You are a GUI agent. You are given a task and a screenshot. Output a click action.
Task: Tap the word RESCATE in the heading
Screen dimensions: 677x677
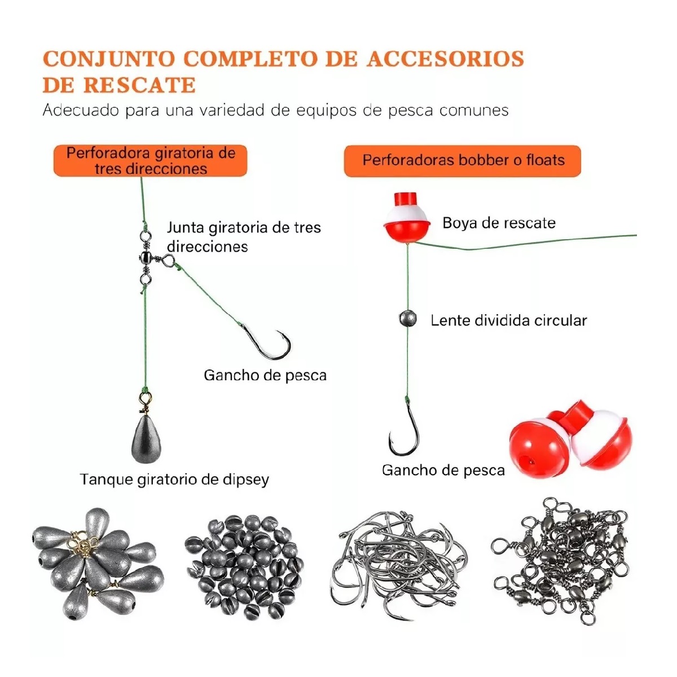[x=139, y=85]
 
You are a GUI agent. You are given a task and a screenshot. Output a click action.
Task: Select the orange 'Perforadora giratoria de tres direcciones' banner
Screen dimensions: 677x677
[x=151, y=161]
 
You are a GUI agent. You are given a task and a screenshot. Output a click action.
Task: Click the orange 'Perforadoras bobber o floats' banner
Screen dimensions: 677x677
[x=463, y=161]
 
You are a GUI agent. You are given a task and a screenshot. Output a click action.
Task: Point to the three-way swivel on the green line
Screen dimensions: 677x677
[x=146, y=258]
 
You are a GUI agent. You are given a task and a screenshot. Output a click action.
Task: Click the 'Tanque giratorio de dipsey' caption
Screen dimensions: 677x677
[x=174, y=480]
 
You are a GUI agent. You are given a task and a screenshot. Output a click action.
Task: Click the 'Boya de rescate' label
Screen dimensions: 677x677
[x=499, y=223]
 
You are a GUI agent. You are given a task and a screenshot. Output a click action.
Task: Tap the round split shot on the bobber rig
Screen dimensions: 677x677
[x=407, y=319]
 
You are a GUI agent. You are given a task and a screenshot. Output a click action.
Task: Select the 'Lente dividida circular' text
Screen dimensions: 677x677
[x=508, y=320]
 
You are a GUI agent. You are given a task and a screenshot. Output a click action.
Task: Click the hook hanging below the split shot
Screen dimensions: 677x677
[x=405, y=432]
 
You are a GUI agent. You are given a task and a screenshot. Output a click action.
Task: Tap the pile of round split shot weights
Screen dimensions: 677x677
[x=244, y=564]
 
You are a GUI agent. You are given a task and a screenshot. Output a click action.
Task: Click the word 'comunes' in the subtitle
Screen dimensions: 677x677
[x=473, y=110]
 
